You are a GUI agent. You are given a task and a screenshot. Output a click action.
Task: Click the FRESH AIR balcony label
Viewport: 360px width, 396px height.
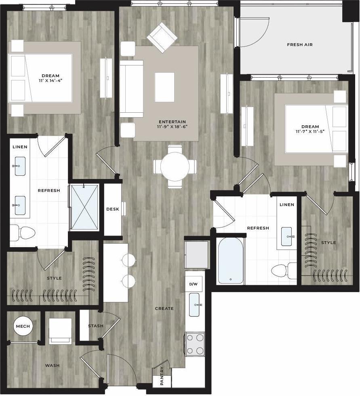300,45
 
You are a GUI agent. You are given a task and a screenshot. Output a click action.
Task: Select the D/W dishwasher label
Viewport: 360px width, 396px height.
194,284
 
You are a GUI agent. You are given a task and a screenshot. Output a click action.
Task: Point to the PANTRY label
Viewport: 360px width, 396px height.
162,376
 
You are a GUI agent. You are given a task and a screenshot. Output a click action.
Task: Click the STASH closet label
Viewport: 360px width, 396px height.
96,326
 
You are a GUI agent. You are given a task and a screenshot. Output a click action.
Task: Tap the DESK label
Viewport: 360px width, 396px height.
112,209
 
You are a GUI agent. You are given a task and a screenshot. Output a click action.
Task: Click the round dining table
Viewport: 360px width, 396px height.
175,166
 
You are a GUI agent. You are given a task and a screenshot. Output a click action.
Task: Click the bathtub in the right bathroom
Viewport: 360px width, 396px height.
231,261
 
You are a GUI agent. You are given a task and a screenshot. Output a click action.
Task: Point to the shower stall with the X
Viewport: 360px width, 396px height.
84,207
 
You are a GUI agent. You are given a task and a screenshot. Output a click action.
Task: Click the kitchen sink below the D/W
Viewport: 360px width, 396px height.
194,304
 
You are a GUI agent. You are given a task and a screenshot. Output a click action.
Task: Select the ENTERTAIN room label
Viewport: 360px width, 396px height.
172,122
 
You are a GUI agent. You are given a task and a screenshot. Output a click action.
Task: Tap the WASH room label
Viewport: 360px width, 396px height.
52,366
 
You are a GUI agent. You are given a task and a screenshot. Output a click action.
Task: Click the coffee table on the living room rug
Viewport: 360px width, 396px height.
164,87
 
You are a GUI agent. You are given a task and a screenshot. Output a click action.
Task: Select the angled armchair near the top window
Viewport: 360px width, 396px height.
162,37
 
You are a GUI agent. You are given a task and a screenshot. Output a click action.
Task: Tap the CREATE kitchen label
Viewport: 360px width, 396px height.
164,309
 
